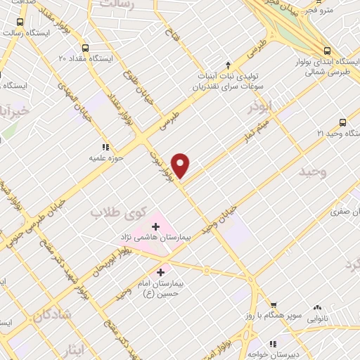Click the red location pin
point(181,165)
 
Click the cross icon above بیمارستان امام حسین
point(161,271)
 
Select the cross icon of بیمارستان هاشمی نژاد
point(155,227)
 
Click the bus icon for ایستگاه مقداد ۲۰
point(85,49)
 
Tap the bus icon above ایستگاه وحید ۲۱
point(342,121)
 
